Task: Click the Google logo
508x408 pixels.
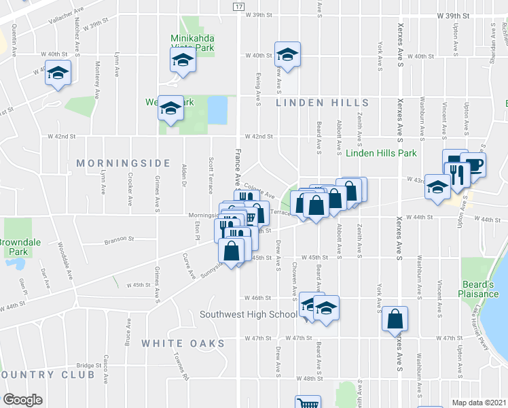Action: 22,400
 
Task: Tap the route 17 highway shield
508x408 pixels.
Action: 238,6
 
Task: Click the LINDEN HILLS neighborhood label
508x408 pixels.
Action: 323,103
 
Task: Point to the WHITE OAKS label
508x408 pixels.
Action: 183,344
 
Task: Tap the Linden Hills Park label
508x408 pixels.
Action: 381,154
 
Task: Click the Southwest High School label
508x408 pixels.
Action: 249,314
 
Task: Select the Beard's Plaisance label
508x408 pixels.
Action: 482,288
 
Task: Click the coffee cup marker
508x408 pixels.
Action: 473,165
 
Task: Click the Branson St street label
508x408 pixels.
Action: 120,239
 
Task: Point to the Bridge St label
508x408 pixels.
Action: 88,365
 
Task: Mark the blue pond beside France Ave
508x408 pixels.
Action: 217,109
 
